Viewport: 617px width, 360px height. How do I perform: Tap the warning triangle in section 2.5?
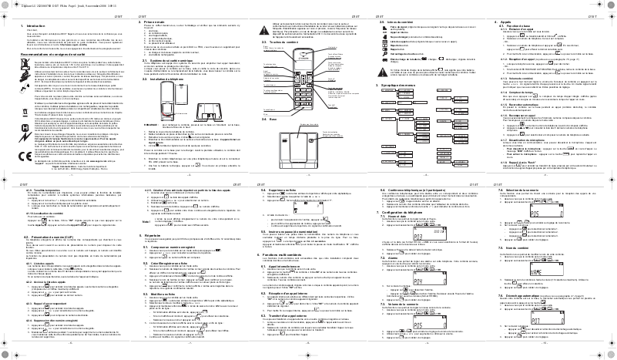(x=385, y=50)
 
